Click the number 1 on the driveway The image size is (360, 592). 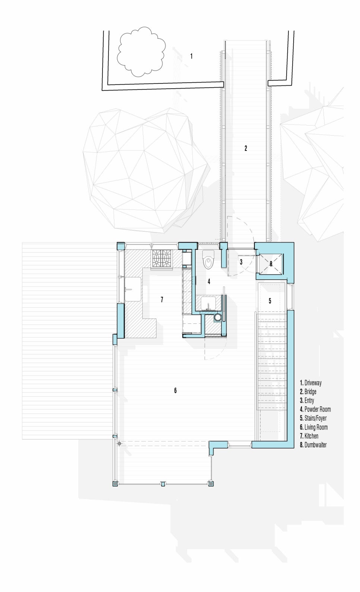(191, 56)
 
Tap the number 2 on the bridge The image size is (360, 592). (246, 148)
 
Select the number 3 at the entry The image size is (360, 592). (241, 262)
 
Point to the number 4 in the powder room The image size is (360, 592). (209, 281)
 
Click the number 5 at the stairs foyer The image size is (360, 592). (270, 301)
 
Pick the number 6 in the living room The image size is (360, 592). (175, 390)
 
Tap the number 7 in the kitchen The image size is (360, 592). (162, 300)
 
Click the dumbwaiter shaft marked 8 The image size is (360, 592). (271, 264)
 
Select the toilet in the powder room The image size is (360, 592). (209, 260)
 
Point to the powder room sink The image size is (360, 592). (208, 303)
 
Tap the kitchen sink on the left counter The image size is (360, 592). (133, 289)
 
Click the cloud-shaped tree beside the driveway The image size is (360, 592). (141, 52)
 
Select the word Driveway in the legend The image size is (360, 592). (313, 383)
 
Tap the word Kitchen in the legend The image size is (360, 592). (311, 436)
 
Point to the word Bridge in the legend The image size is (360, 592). (310, 392)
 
